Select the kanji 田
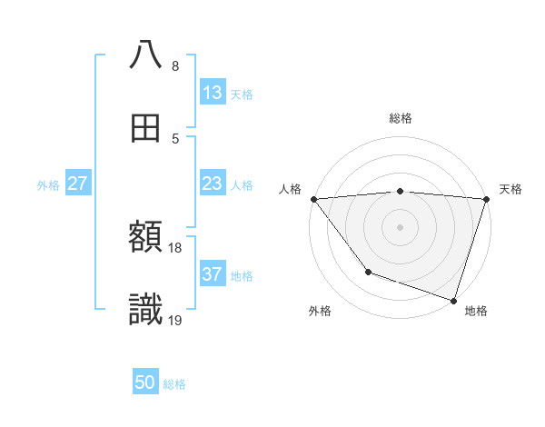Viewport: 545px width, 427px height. click(145, 127)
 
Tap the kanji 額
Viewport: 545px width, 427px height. click(145, 238)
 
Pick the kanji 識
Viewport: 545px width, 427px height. click(145, 310)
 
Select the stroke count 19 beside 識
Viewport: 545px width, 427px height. click(175, 320)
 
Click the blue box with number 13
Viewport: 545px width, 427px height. click(212, 93)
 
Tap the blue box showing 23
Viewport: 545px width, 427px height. click(212, 184)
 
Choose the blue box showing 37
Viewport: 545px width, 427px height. click(212, 274)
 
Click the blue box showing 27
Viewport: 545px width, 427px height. click(78, 184)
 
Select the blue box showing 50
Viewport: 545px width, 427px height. click(145, 382)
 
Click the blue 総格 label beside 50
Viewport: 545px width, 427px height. click(174, 384)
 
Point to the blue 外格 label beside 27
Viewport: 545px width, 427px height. click(48, 185)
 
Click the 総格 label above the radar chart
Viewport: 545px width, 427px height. click(400, 118)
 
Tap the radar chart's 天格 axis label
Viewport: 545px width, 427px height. click(510, 189)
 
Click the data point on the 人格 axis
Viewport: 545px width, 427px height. click(313, 198)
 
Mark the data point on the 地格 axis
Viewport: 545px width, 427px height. click(453, 300)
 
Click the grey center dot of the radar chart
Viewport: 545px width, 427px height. click(400, 226)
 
